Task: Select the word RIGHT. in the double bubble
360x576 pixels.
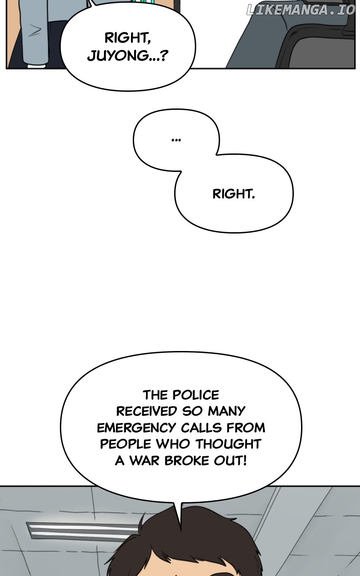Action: coord(234,194)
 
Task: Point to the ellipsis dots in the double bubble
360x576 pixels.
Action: coord(176,140)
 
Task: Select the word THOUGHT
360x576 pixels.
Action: coord(228,444)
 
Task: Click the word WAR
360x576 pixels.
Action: coord(144,460)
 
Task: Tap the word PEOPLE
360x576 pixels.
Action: coord(126,444)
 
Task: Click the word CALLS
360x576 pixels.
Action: coord(201,427)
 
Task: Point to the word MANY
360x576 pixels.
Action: coord(226,411)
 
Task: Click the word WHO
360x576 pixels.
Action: coord(173,444)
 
